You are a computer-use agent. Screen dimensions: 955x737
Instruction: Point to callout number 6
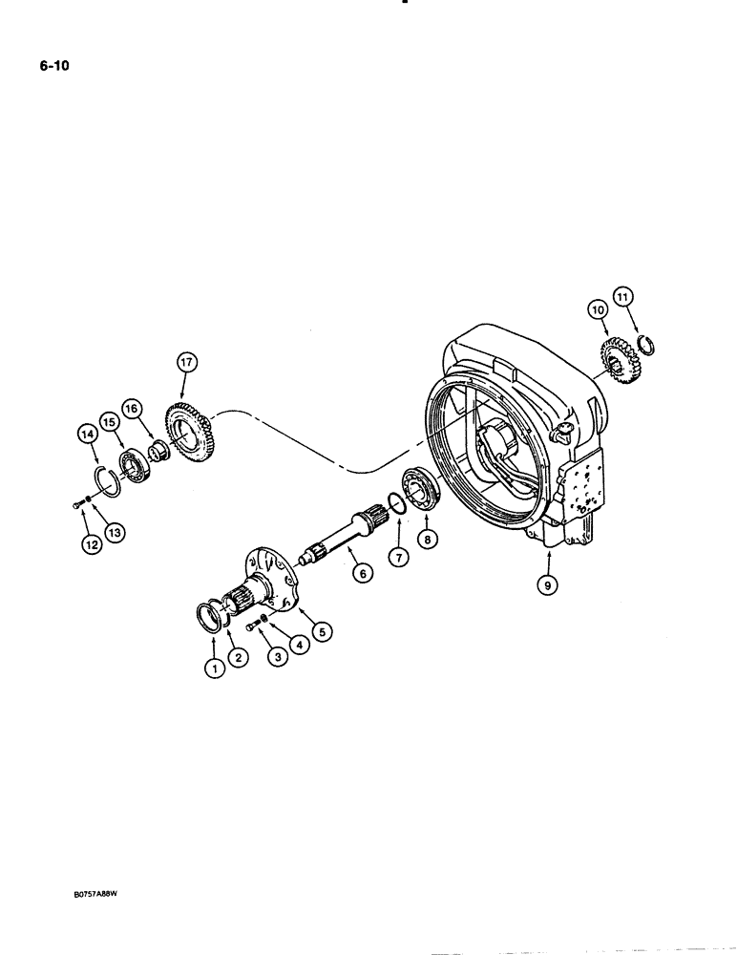tap(360, 574)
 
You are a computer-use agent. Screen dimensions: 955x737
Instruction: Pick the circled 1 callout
tap(216, 668)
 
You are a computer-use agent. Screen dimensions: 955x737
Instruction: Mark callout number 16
tap(131, 407)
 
